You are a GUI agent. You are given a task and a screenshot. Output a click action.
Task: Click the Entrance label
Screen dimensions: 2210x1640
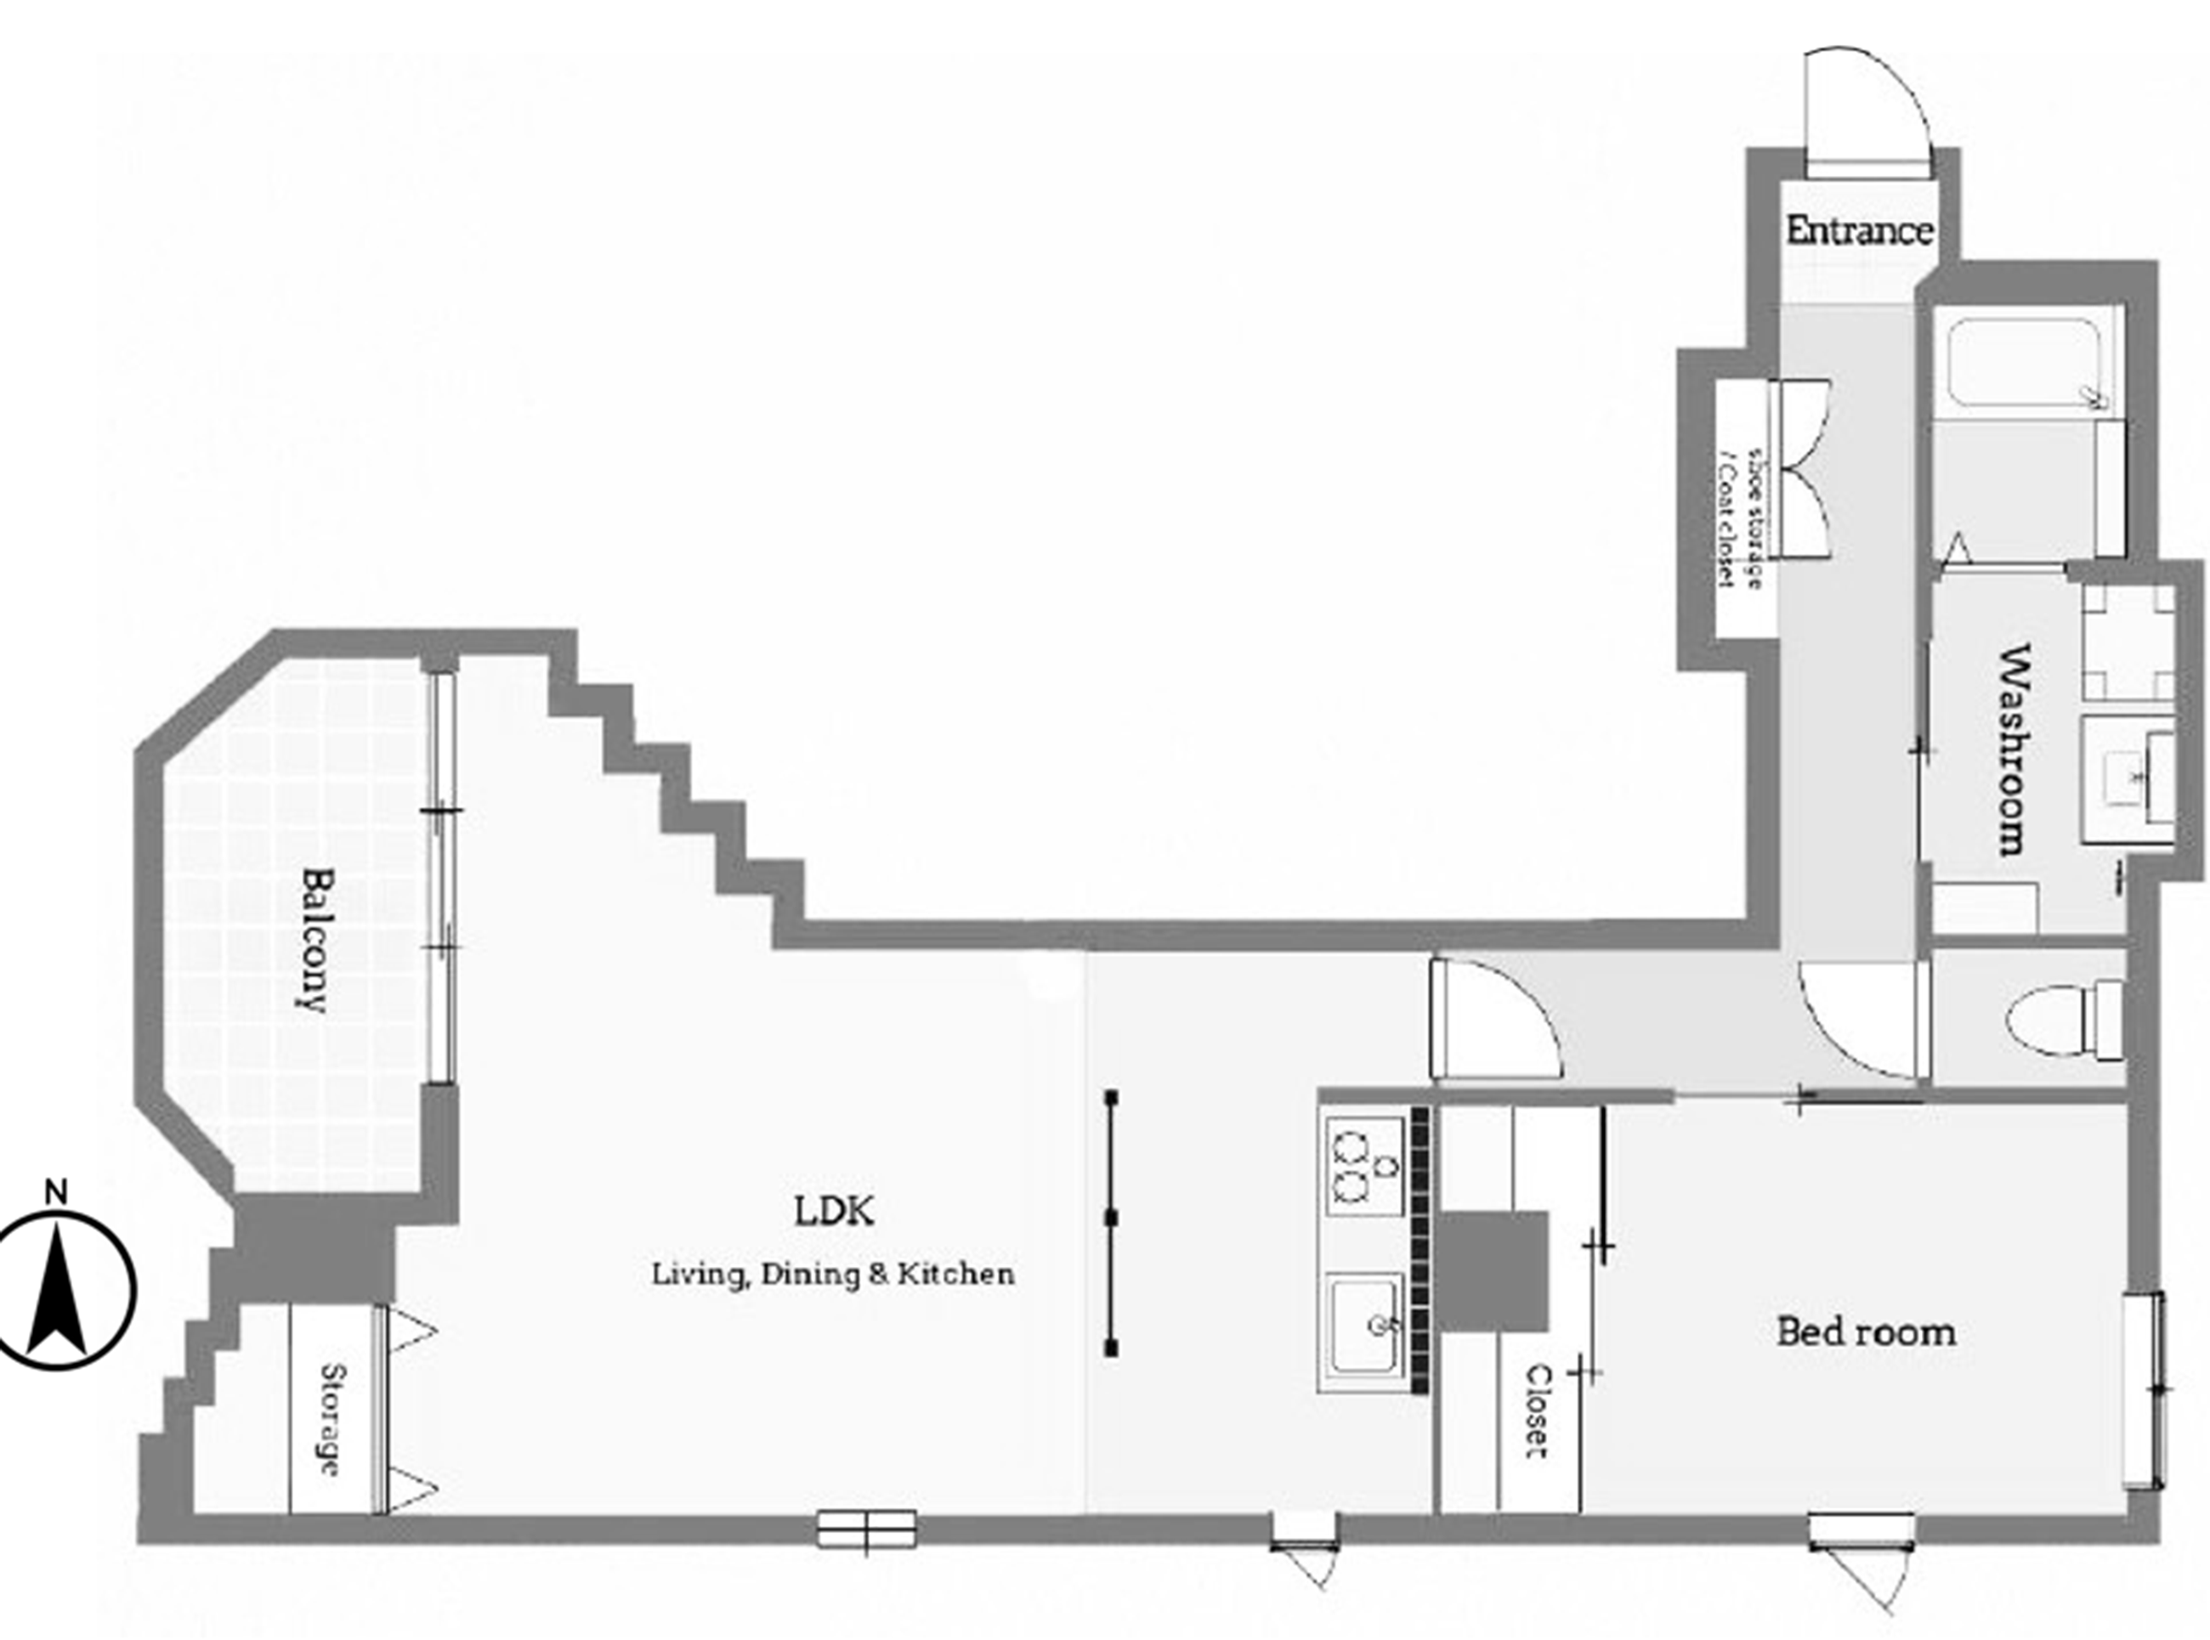coord(1859,231)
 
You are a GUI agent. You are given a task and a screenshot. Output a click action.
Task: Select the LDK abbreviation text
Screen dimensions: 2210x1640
coord(834,1211)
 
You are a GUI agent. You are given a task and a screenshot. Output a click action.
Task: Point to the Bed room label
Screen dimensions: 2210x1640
coord(1867,1332)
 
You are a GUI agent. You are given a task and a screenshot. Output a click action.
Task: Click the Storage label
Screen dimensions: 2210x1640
coord(331,1420)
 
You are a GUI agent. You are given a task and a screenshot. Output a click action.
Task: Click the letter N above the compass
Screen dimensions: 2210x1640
coord(58,1192)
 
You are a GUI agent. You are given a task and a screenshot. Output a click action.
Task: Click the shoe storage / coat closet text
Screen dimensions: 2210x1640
coord(1742,517)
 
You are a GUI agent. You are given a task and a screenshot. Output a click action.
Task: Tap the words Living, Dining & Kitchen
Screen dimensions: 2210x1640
coord(833,1275)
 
